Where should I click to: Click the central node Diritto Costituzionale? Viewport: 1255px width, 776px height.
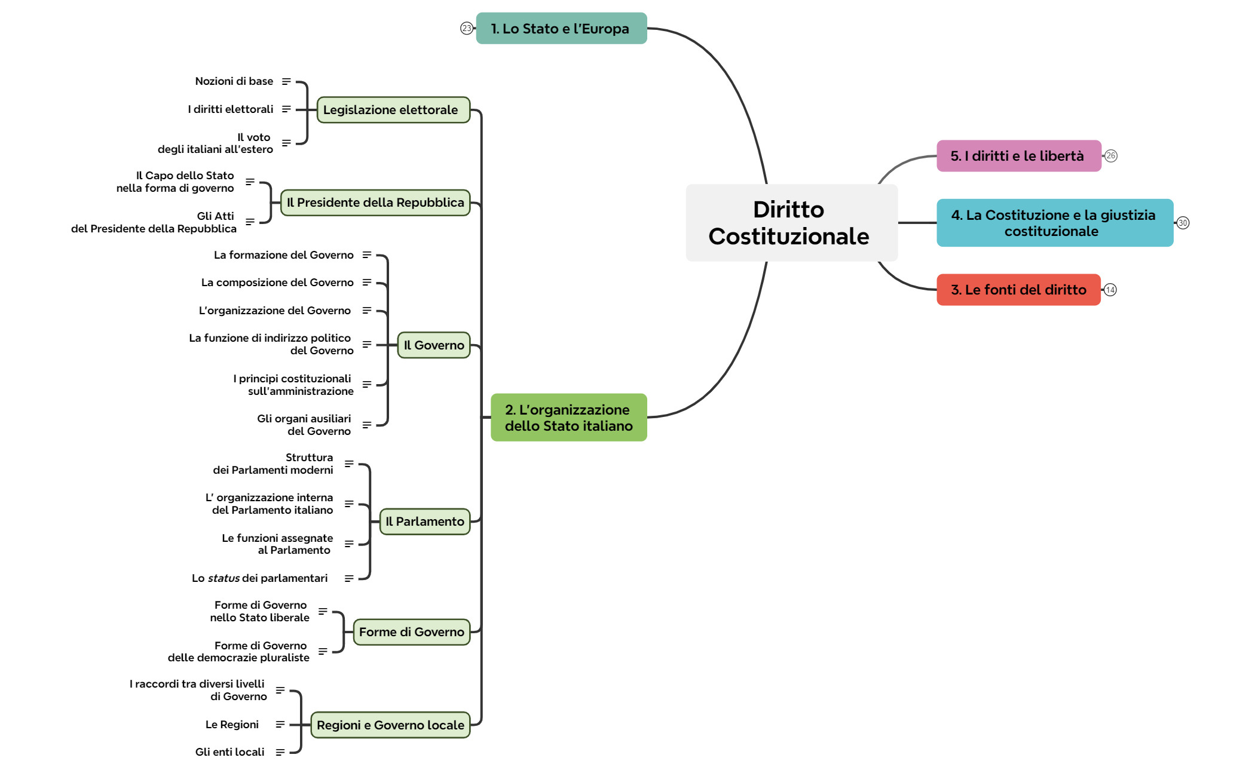[x=791, y=223]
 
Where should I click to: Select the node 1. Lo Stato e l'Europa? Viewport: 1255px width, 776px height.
[x=561, y=29]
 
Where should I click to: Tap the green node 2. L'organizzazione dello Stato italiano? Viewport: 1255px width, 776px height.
[x=568, y=418]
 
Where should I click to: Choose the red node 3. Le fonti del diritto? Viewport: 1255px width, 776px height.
[x=1018, y=290]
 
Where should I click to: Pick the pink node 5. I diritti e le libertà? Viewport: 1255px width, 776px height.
[x=1018, y=156]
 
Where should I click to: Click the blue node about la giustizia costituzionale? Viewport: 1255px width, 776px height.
[x=1054, y=223]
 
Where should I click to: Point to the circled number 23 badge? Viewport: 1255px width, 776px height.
[x=466, y=28]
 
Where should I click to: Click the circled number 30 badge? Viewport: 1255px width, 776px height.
[x=1183, y=223]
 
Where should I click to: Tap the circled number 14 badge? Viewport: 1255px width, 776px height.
[x=1110, y=290]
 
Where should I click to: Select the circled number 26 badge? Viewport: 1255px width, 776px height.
[x=1111, y=156]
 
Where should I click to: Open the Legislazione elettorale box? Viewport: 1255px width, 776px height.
[x=393, y=110]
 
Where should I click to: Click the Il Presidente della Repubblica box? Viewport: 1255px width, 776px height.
[x=375, y=203]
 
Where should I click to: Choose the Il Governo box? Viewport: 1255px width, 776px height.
[x=433, y=345]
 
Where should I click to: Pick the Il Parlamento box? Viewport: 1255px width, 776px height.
[x=424, y=522]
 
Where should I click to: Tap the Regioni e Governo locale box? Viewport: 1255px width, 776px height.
[x=390, y=725]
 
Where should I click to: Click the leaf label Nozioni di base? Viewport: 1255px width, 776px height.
[x=234, y=81]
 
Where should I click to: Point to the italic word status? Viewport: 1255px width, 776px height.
[x=224, y=578]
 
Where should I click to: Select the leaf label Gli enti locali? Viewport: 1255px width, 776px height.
[x=229, y=752]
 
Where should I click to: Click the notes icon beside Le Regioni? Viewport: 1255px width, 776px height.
[x=280, y=725]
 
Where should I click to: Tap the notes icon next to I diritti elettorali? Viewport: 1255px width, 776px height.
[x=286, y=109]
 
